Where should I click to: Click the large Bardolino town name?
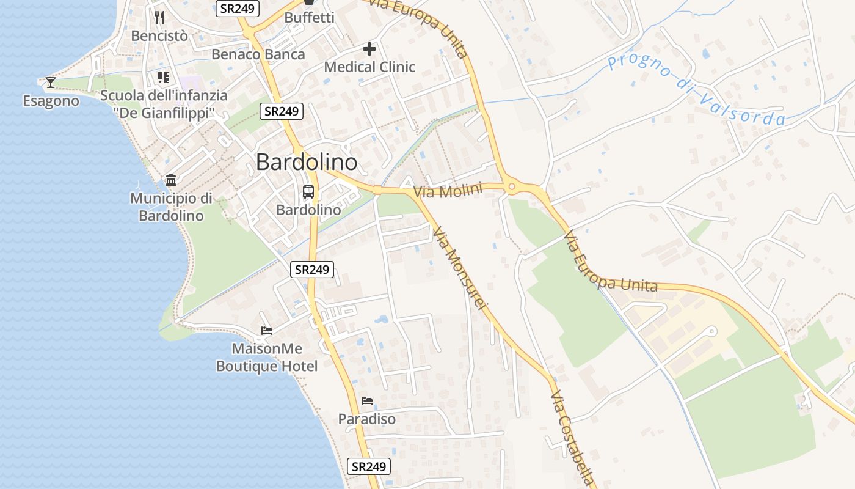pos(307,162)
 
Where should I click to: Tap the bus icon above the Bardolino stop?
pos(308,192)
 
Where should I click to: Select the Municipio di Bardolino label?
pos(171,207)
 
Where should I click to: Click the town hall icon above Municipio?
pos(171,180)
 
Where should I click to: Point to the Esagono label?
pos(51,101)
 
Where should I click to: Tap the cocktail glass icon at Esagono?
pos(50,82)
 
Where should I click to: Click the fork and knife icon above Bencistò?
pos(159,17)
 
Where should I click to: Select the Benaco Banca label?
pos(258,54)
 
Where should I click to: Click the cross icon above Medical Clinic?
pos(369,49)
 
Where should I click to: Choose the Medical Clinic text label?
pos(369,67)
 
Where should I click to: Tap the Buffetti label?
pos(310,18)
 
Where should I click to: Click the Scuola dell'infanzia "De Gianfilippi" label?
pos(164,104)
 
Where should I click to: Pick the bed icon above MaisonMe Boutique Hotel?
pos(267,331)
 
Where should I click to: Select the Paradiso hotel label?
pos(367,419)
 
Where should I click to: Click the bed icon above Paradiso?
pos(367,401)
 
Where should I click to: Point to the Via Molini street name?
pos(448,190)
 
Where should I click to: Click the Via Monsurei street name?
pos(461,267)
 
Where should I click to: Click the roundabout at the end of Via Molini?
pos(512,187)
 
